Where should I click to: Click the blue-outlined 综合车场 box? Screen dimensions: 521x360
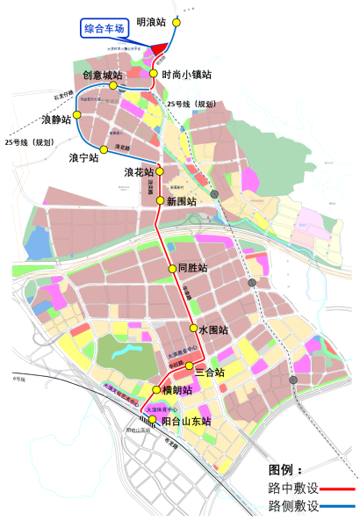coord(104,29)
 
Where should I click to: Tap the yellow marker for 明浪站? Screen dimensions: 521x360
coord(176,23)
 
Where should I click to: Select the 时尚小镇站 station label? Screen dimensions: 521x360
coord(187,75)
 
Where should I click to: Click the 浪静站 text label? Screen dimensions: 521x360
coord(56,119)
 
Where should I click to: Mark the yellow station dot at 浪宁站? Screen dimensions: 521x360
coord(104,148)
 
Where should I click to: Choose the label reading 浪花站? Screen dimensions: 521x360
coord(139,172)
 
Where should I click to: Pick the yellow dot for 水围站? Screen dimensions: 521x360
coord(193,329)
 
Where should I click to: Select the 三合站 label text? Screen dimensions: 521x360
coord(210,373)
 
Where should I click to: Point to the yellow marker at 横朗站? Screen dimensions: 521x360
coord(156,390)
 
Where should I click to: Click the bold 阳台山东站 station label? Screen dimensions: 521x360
coord(187,422)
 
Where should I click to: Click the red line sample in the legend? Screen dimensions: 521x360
coord(338,488)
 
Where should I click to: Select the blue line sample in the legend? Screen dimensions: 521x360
coord(338,507)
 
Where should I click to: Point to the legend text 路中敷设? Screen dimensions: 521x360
coord(293,488)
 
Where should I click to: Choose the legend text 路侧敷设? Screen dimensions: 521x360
coord(293,507)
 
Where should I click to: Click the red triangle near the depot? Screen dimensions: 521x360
coord(160,49)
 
